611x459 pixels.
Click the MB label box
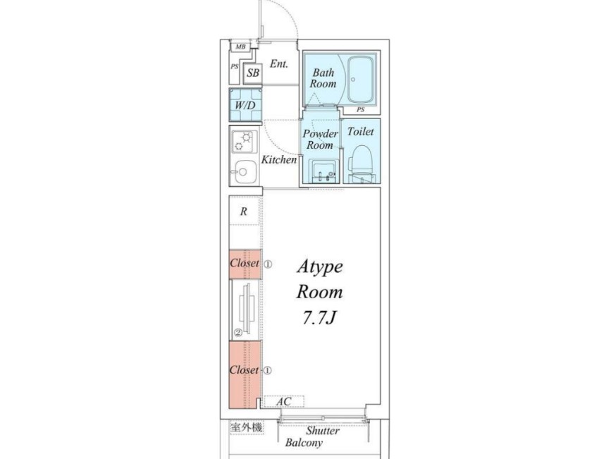coord(240,47)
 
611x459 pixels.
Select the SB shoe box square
coord(253,73)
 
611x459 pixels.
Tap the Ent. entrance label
coord(279,63)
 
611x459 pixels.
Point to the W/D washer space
coord(245,105)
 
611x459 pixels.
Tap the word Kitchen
coord(278,159)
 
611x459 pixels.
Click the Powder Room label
coord(321,139)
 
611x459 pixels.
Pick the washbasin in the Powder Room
coord(323,171)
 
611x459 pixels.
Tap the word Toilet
coord(360,132)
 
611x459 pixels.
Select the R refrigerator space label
coord(244,212)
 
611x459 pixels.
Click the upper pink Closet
coord(245,264)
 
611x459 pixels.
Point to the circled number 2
coord(237,333)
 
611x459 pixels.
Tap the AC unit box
coord(284,401)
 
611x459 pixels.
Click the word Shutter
coord(323,431)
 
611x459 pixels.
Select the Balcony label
coord(304,443)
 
